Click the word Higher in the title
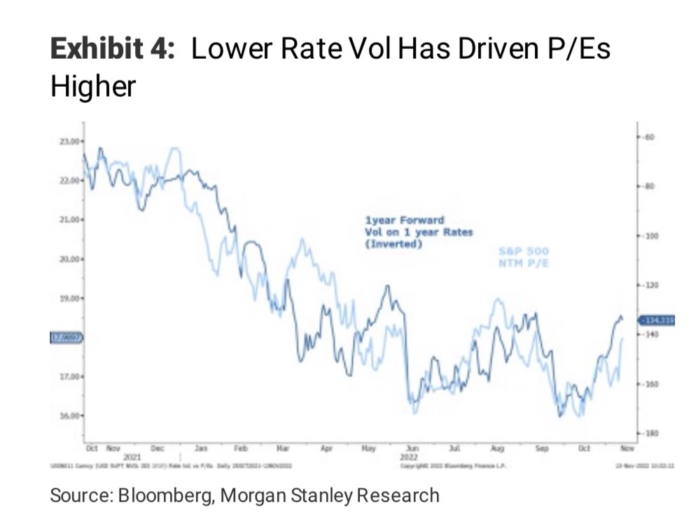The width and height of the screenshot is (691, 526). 92,88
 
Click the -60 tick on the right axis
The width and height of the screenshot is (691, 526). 648,136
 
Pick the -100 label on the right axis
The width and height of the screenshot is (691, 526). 649,236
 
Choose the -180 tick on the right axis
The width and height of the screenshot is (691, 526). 649,434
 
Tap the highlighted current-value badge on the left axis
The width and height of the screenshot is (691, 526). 67,338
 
